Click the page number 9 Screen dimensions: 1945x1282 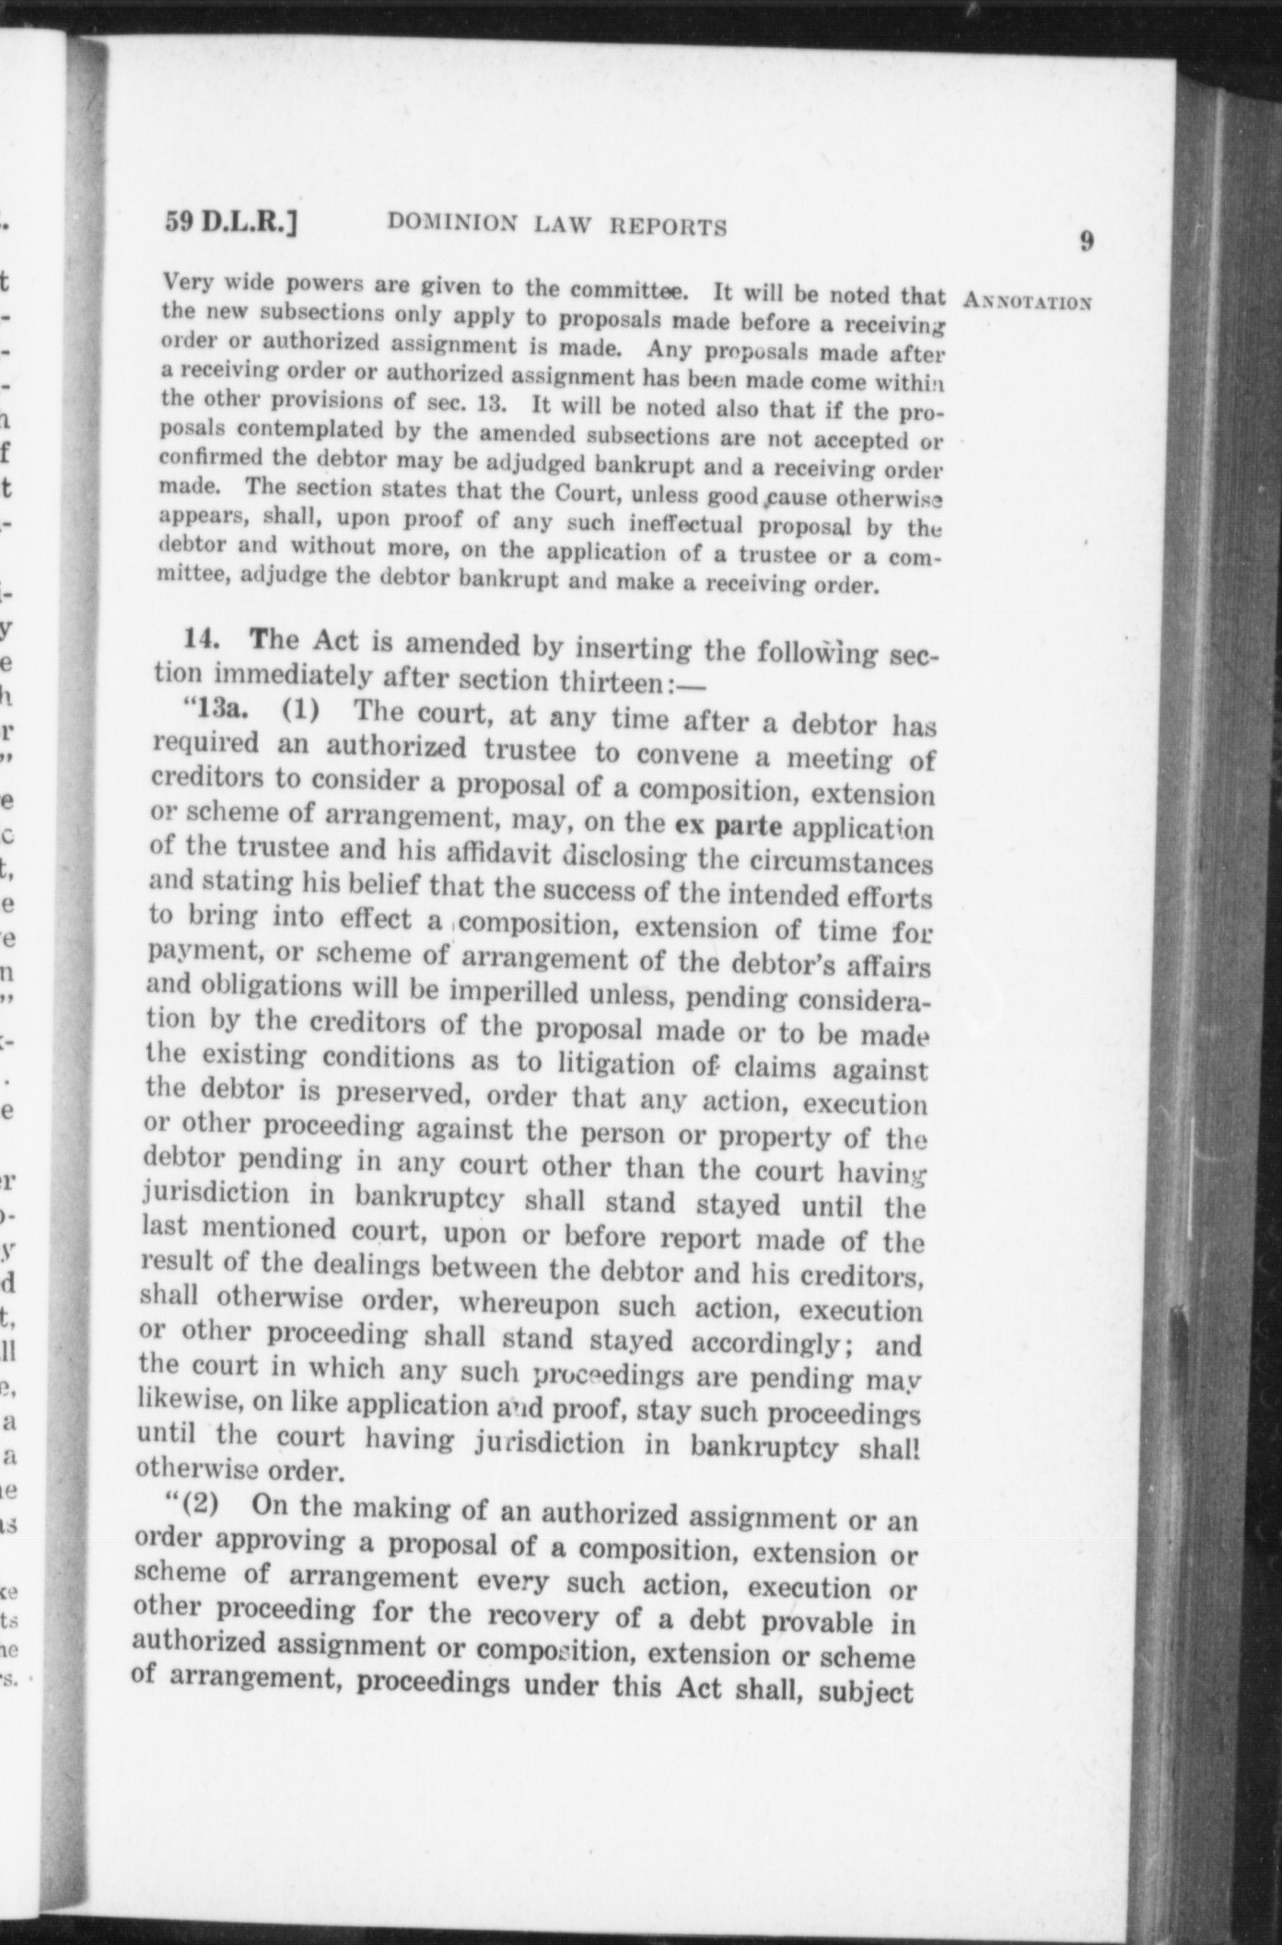[1087, 241]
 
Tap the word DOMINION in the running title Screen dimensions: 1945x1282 [452, 224]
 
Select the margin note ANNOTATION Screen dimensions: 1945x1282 [1027, 301]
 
